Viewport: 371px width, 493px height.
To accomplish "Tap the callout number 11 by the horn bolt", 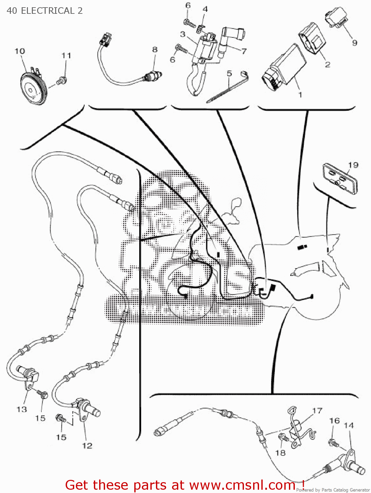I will click(x=66, y=56).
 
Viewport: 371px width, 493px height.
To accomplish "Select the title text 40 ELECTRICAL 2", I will click(x=45, y=11).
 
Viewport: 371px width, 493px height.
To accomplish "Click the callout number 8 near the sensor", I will click(x=155, y=50).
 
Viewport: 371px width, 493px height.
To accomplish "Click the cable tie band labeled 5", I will click(x=227, y=89).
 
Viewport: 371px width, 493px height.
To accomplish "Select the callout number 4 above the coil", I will click(x=205, y=9).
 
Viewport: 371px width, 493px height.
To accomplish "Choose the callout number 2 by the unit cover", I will click(x=327, y=64).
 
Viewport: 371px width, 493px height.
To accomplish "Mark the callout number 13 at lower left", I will click(x=22, y=409).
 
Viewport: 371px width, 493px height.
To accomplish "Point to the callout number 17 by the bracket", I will click(x=317, y=411).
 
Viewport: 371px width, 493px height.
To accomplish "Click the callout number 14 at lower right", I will click(x=348, y=425).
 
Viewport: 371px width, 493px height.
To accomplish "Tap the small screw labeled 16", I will click(x=333, y=442).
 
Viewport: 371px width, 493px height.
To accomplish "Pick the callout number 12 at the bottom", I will click(x=87, y=446).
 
